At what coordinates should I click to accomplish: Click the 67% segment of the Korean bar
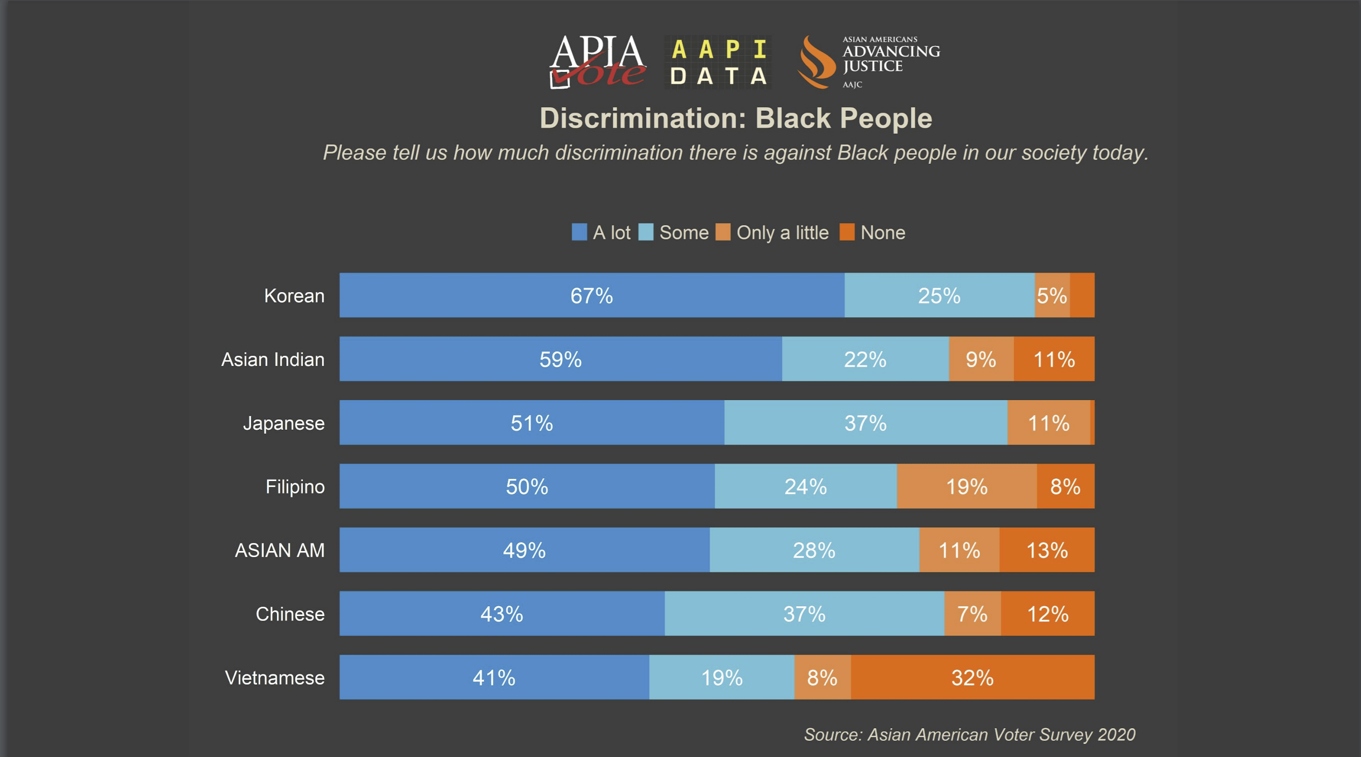(x=592, y=295)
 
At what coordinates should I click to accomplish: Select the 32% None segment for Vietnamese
(x=972, y=677)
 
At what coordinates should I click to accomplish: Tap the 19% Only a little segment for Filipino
(x=966, y=486)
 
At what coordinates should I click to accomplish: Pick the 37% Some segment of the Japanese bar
(x=865, y=423)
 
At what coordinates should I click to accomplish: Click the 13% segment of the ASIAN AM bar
(x=1047, y=550)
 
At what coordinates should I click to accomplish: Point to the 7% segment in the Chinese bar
(x=972, y=614)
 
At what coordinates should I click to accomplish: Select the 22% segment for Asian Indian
(x=865, y=359)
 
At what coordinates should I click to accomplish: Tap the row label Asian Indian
(x=273, y=359)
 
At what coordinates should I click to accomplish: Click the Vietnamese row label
(x=275, y=677)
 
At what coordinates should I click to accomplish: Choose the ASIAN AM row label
(x=280, y=550)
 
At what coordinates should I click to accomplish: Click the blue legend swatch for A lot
(x=579, y=232)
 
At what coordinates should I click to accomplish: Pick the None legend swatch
(x=847, y=232)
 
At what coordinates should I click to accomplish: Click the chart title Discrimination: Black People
(x=736, y=118)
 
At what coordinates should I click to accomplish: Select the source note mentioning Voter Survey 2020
(x=969, y=734)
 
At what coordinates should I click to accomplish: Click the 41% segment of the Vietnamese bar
(x=493, y=677)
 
